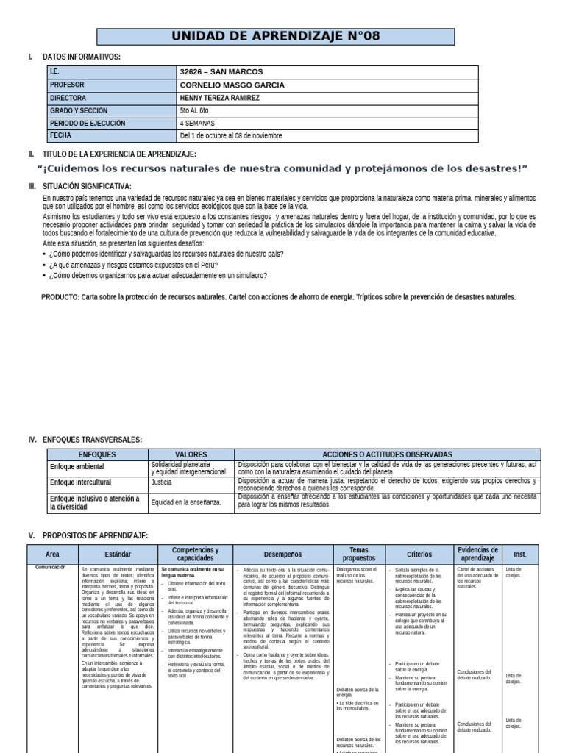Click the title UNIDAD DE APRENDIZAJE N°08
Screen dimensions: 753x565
tap(275, 37)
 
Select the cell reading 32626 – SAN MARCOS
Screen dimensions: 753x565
tap(218, 72)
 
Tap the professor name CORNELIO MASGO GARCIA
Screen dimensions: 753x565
tap(232, 85)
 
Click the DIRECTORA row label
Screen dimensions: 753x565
tap(68, 98)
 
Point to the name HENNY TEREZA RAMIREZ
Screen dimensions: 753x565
tap(219, 98)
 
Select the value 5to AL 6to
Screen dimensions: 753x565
tap(194, 110)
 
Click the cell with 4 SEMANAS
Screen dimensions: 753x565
tap(197, 123)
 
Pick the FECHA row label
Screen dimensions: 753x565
tap(60, 135)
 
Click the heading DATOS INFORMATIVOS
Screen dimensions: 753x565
tap(82, 57)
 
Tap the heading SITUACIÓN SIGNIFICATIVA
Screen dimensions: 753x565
tap(87, 187)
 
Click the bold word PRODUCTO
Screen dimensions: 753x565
tap(60, 297)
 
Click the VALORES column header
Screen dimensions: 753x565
tap(191, 455)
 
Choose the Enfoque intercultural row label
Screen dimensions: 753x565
tap(80, 483)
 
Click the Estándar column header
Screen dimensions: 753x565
tap(118, 554)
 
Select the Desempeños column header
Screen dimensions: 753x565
tap(283, 554)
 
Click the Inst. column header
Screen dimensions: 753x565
tap(519, 554)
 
